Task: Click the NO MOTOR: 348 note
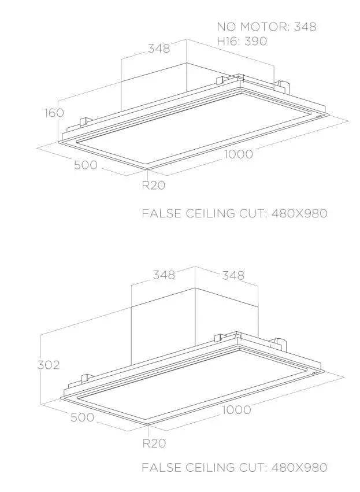[x=266, y=27]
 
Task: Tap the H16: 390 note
[x=242, y=41]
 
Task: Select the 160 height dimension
[x=54, y=113]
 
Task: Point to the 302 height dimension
[x=49, y=365]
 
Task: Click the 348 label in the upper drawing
[x=159, y=49]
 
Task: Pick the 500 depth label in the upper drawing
[x=86, y=165]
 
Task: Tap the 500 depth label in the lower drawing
[x=82, y=417]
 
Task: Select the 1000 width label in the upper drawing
[x=238, y=154]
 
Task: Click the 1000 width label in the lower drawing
[x=236, y=410]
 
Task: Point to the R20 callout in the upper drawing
[x=154, y=186]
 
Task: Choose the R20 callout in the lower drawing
[x=154, y=443]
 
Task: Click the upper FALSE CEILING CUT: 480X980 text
[x=235, y=214]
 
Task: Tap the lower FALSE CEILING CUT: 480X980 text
[x=235, y=467]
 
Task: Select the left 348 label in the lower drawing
[x=164, y=275]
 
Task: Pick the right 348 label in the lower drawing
[x=233, y=276]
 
